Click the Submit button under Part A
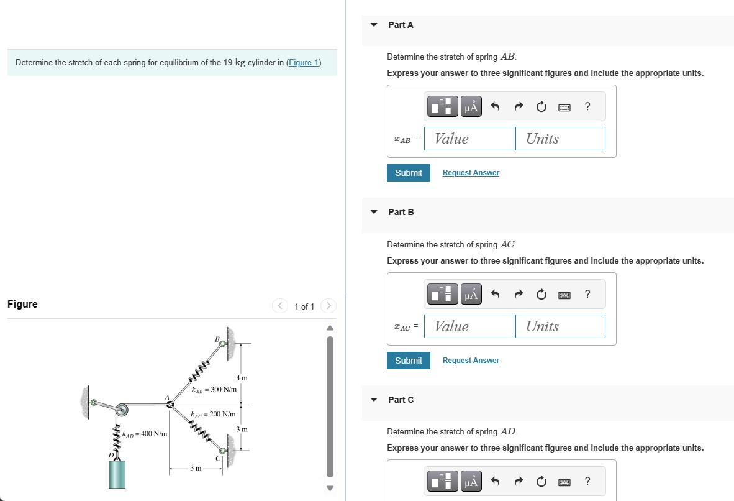[x=408, y=173]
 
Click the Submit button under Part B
[x=408, y=361]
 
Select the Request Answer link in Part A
[x=471, y=173]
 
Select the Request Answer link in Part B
[x=471, y=361]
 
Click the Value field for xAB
[x=469, y=139]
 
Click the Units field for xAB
[x=560, y=139]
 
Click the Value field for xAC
[x=469, y=326]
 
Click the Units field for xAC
[x=560, y=326]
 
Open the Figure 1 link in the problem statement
[x=303, y=63]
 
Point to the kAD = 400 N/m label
[x=145, y=433]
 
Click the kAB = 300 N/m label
[x=214, y=390]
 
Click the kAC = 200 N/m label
[x=212, y=414]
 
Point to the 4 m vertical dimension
[x=242, y=378]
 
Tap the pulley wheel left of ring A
[x=121, y=409]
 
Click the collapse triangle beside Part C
[x=374, y=400]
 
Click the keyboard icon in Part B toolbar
[x=564, y=295]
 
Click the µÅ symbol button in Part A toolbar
[x=471, y=108]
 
